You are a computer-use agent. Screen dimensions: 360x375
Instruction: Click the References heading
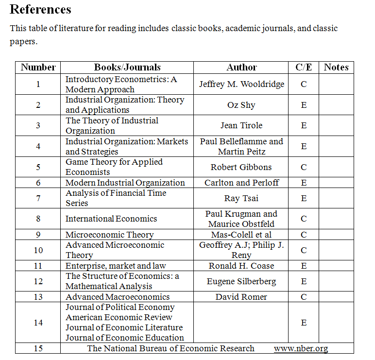click(40, 9)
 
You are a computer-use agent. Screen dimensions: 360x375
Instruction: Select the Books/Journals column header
click(127, 68)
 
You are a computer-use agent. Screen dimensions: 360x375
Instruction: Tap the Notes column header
click(336, 68)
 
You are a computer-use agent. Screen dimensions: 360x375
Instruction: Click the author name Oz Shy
click(241, 105)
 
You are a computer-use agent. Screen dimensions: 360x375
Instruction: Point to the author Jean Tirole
click(241, 125)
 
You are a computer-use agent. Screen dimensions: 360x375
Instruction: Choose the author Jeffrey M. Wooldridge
click(241, 84)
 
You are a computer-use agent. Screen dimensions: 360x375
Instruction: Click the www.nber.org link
click(301, 348)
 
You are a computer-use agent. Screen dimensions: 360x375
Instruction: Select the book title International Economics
click(111, 219)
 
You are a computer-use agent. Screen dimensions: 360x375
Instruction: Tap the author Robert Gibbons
click(241, 167)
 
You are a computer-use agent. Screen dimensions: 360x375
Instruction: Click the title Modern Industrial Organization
click(125, 183)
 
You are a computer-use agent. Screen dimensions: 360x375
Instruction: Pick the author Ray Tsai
click(241, 198)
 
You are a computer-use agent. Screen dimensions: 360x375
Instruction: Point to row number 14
click(38, 323)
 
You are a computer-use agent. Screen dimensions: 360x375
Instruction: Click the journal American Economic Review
click(119, 317)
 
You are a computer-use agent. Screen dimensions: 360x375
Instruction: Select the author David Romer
click(241, 297)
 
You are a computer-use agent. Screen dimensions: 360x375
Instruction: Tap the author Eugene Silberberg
click(241, 281)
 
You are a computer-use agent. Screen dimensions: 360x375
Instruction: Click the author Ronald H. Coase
click(241, 266)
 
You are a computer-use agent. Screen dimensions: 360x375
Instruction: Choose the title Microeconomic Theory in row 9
click(109, 235)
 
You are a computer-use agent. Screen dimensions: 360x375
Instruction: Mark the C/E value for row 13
click(304, 297)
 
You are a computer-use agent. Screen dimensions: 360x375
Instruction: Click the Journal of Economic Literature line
click(124, 327)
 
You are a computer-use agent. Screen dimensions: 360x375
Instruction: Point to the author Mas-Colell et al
click(241, 235)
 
